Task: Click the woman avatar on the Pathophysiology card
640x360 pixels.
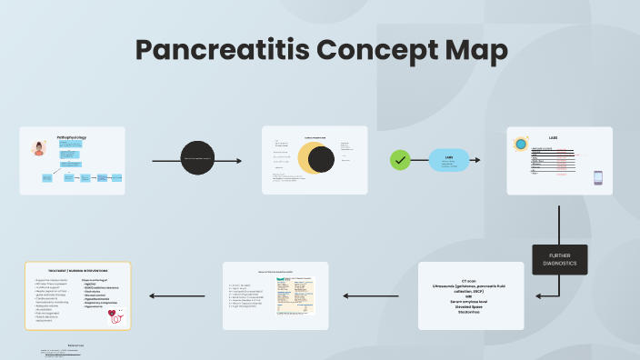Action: point(40,149)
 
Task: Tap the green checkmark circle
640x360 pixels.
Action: point(400,160)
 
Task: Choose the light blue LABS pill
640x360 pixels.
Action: point(449,160)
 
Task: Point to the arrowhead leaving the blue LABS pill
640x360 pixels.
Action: point(478,160)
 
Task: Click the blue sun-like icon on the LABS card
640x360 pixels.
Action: point(521,144)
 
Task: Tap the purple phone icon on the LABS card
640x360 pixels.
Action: point(598,177)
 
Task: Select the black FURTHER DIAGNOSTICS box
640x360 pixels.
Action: point(560,259)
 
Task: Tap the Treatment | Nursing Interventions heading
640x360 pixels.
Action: point(78,271)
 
